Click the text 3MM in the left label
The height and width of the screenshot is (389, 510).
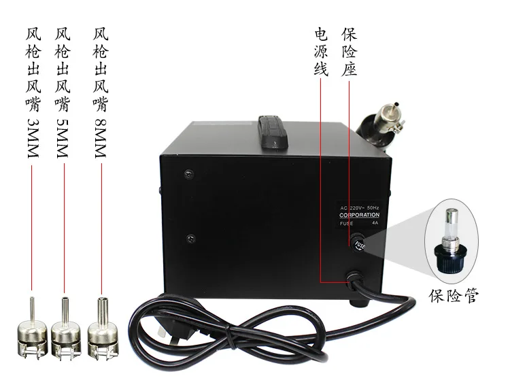[31, 138]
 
